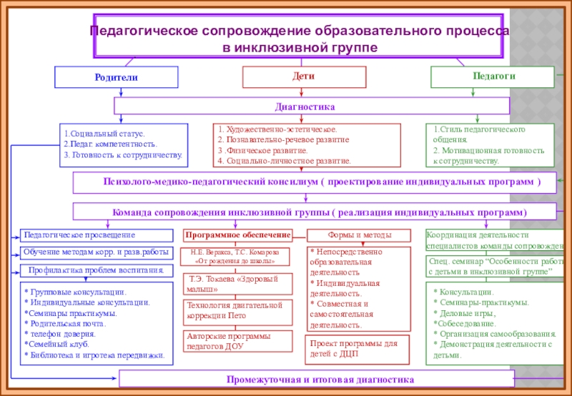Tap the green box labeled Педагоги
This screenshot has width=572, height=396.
click(x=492, y=76)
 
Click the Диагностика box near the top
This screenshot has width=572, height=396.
click(x=312, y=106)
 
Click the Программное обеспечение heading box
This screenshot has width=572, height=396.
click(x=238, y=235)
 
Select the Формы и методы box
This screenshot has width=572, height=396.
click(x=359, y=235)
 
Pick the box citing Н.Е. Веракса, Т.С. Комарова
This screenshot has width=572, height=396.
click(x=238, y=257)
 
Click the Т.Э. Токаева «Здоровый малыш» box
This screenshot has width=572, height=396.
click(x=238, y=284)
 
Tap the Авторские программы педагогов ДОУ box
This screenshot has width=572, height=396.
click(x=238, y=340)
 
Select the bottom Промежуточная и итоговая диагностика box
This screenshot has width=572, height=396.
click(x=315, y=380)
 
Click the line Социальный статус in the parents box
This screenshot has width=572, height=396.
click(x=104, y=134)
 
